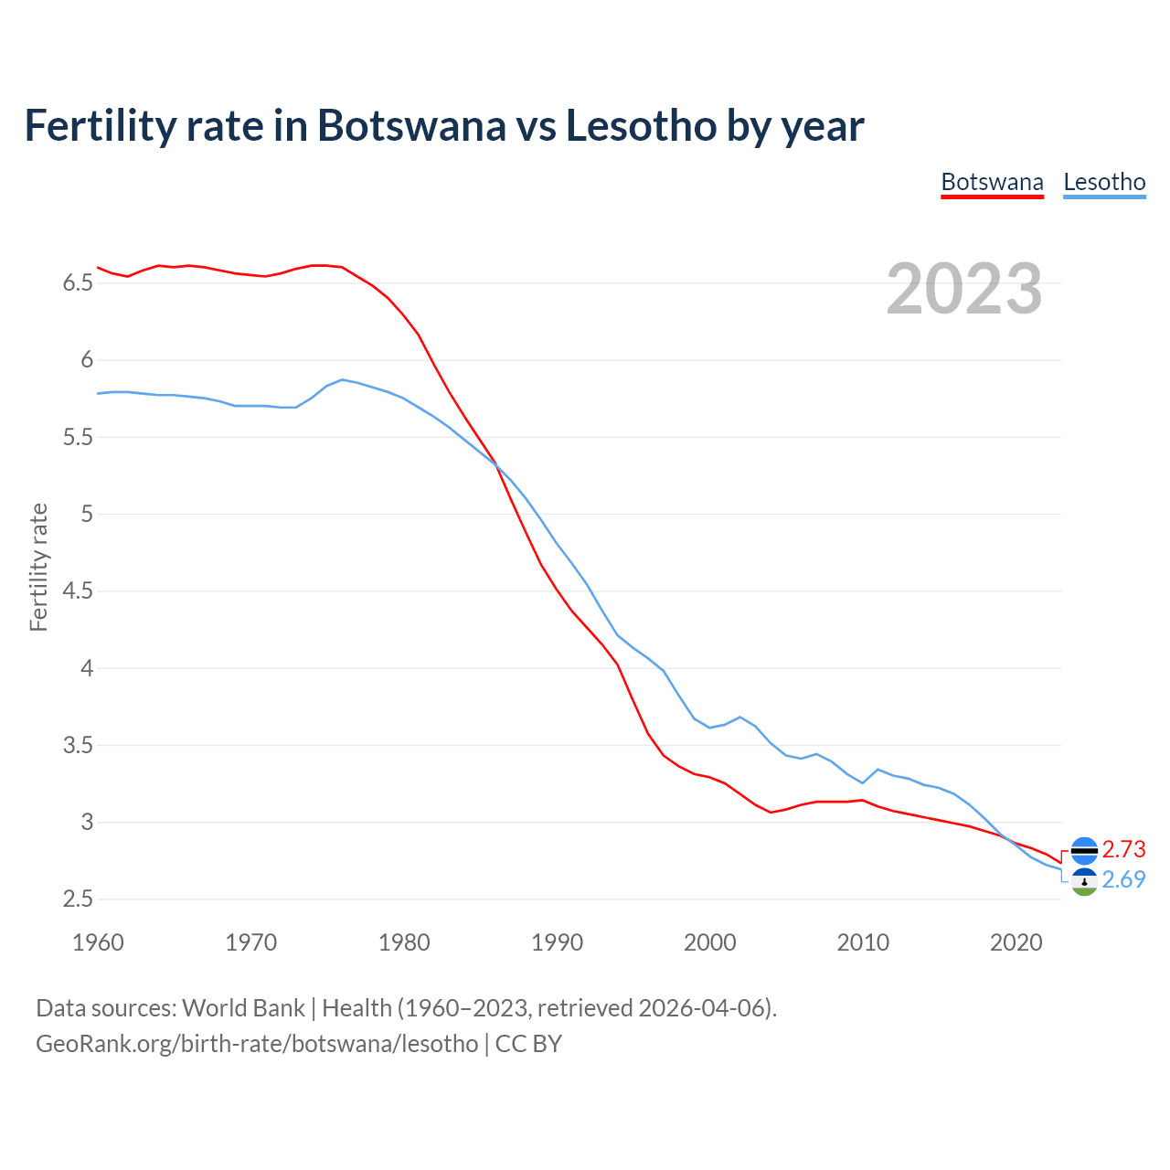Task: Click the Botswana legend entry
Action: pos(992,182)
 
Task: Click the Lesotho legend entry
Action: pos(1104,182)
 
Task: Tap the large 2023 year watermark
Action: pos(964,289)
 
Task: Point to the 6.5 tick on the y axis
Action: pos(78,283)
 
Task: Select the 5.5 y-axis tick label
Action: pos(78,438)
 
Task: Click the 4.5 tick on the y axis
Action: pos(78,591)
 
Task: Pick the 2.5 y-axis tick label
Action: pos(78,899)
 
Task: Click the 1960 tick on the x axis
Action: pos(98,942)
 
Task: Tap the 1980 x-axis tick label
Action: pos(404,942)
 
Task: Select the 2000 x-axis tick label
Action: pos(709,942)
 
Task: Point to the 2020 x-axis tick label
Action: pos(1016,942)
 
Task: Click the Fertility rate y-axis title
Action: pos(38,567)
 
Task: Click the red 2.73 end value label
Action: pos(1123,849)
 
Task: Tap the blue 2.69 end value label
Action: pos(1123,879)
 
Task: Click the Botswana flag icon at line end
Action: pos(1084,850)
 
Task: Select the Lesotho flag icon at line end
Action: pos(1084,882)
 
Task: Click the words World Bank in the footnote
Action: pos(243,1007)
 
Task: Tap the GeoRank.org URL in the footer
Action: pos(257,1043)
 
